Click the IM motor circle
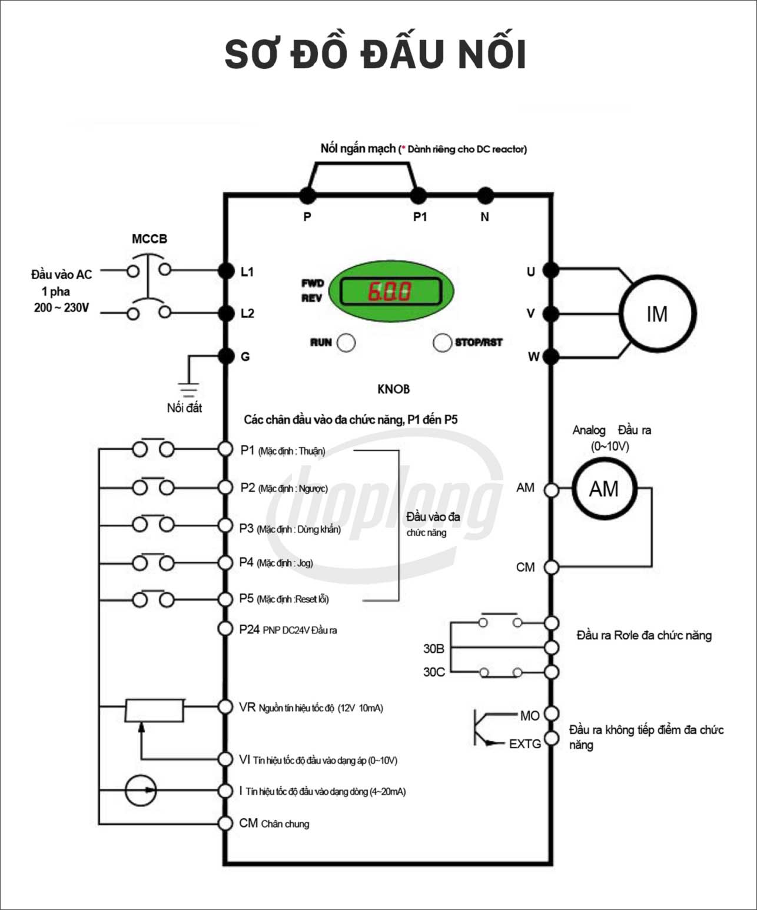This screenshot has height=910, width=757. [x=657, y=314]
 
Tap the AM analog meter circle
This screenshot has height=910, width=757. [x=604, y=488]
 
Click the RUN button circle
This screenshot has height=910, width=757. [x=346, y=342]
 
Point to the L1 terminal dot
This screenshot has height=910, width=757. [x=226, y=271]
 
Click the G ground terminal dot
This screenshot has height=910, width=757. [x=226, y=356]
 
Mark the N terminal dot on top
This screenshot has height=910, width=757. [x=485, y=195]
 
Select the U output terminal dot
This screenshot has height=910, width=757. [x=550, y=271]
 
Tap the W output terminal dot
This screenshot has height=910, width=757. [x=550, y=356]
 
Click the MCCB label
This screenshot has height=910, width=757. [x=150, y=239]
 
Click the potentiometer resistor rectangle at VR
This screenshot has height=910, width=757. [x=154, y=710]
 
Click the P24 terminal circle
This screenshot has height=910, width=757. [x=225, y=629]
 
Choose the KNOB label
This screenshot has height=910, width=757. [x=393, y=389]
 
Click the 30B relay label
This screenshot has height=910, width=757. [x=434, y=649]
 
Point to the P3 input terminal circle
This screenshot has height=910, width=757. [x=225, y=525]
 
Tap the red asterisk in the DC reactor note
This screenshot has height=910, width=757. [x=403, y=149]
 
